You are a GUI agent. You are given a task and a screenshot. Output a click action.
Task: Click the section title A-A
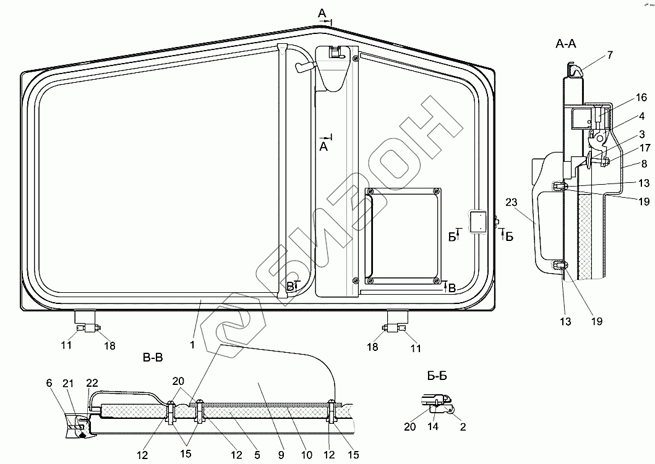point(565,43)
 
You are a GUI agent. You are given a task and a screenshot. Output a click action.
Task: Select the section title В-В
point(153,358)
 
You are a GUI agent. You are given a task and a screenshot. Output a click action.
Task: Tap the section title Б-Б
point(437,376)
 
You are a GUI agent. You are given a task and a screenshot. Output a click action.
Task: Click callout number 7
point(610,54)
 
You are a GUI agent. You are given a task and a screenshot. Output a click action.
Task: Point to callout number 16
point(641,97)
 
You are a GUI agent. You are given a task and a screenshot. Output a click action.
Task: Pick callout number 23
point(512,203)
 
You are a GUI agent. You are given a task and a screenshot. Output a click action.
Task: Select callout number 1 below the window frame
point(192,345)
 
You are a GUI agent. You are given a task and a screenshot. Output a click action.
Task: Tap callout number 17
point(645,148)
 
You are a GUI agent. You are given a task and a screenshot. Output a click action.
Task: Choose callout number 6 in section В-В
point(49,383)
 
